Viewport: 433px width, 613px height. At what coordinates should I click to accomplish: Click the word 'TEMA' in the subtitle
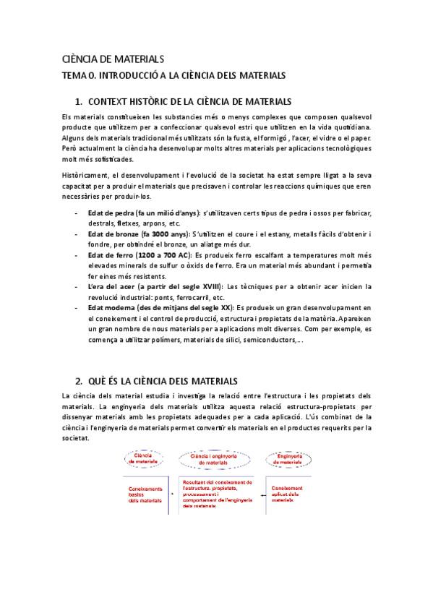[77, 74]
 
